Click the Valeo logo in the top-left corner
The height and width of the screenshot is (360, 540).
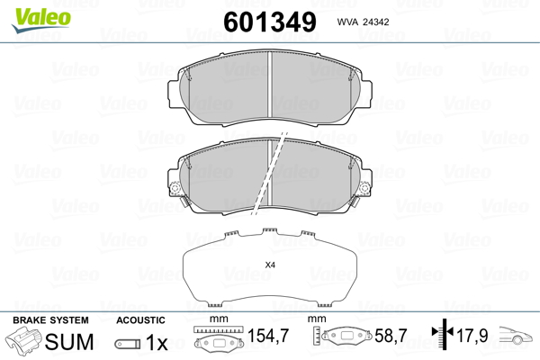click(41, 20)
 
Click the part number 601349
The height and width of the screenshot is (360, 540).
click(270, 22)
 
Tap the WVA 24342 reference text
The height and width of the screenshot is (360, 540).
click(363, 22)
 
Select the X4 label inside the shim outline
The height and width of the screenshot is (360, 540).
click(270, 265)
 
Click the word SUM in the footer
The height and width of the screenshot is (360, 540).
click(69, 342)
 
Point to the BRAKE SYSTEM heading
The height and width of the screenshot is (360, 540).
click(50, 320)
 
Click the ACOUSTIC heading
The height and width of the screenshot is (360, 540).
click(140, 320)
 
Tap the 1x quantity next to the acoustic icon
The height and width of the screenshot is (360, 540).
click(157, 342)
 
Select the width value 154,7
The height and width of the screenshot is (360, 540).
click(268, 335)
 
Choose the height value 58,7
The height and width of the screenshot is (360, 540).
click(391, 335)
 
